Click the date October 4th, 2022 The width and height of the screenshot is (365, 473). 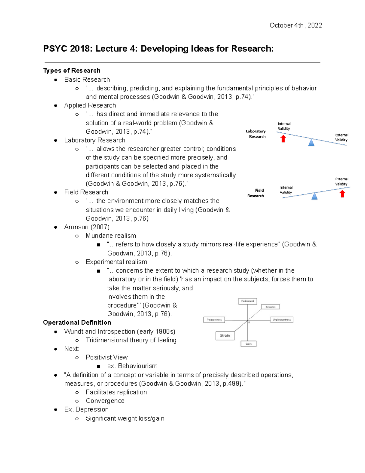[296, 25]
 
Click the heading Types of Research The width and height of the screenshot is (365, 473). [72, 71]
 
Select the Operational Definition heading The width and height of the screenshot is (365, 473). [77, 323]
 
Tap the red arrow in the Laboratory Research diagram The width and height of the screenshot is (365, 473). [283, 139]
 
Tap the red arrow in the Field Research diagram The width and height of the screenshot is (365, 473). [342, 194]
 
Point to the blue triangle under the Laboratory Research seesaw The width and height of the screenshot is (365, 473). [311, 143]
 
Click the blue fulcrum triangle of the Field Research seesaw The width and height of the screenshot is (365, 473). [315, 196]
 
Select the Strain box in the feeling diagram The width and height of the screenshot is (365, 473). [225, 336]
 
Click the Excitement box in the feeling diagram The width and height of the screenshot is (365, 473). [248, 301]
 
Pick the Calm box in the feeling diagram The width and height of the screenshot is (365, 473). [249, 344]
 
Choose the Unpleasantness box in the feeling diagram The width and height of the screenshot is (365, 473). [282, 320]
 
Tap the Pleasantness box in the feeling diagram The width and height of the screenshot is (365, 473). [214, 320]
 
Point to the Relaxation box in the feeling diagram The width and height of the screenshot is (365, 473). [270, 307]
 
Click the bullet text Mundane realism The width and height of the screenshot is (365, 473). [111, 236]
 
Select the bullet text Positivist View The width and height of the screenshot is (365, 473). [106, 357]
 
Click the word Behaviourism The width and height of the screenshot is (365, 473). [137, 366]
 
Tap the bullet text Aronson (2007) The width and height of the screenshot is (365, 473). [87, 227]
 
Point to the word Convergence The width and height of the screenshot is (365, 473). [105, 401]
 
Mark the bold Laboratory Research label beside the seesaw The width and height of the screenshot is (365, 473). [256, 134]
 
